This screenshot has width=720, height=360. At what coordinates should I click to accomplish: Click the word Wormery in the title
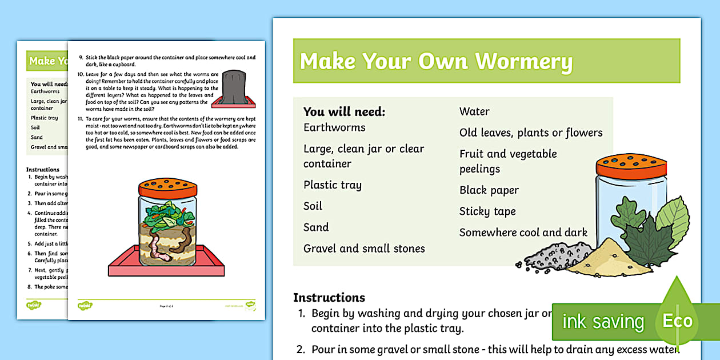click(524, 62)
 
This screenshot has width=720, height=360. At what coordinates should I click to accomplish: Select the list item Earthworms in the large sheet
click(334, 127)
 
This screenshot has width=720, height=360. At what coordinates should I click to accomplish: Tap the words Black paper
click(489, 190)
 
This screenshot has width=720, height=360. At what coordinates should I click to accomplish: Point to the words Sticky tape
click(487, 211)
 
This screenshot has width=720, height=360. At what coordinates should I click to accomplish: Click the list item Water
click(474, 111)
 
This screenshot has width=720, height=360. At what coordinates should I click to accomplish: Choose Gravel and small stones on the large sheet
click(364, 249)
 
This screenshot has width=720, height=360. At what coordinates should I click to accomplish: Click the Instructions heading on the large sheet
click(329, 298)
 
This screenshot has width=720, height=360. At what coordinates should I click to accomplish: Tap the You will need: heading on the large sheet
click(344, 112)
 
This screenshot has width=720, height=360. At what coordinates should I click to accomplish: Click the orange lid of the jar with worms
click(168, 187)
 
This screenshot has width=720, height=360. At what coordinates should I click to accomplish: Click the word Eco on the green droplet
click(678, 321)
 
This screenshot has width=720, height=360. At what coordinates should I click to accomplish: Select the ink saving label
click(603, 322)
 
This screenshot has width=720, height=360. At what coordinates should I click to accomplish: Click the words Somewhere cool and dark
click(523, 233)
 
